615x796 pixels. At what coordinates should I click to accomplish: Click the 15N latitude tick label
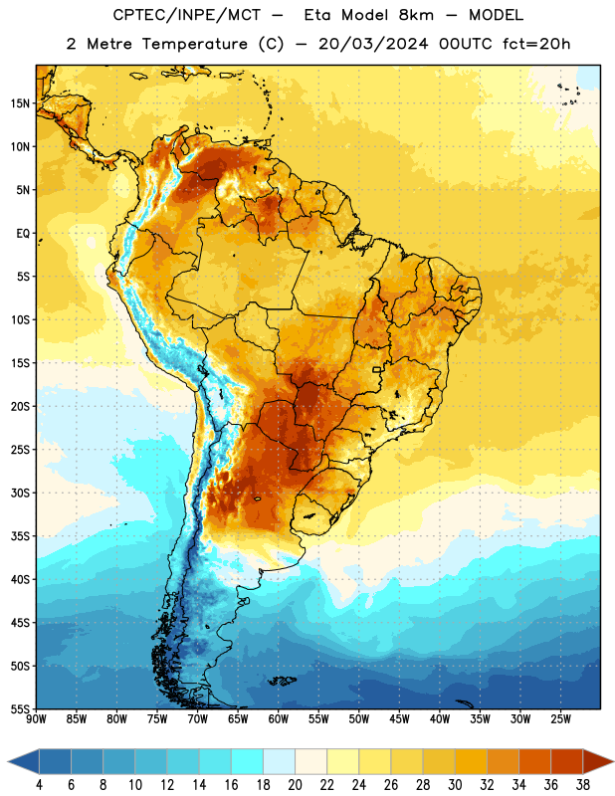coord(20,103)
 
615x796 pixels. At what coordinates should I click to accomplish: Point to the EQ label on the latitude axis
coord(23,234)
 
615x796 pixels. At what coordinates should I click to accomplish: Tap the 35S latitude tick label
coord(20,536)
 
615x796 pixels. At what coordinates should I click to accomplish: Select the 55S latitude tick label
coord(20,709)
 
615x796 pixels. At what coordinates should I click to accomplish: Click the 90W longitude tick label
coord(37,719)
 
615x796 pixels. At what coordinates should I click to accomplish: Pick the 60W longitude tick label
coord(279,719)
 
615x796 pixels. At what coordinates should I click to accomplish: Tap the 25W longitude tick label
coord(560,719)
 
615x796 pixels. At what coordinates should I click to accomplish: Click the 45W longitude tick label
coord(399,719)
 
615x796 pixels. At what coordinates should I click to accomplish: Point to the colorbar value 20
coord(295,785)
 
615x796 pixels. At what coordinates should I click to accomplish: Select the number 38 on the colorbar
coord(583,785)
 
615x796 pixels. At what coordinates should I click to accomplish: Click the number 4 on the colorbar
coord(39,785)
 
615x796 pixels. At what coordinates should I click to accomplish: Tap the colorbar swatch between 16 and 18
coord(247,761)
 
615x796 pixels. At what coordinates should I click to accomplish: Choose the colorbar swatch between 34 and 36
coord(534,761)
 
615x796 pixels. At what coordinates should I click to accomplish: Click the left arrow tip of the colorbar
coord(8,761)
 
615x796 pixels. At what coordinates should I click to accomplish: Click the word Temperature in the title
coord(194,44)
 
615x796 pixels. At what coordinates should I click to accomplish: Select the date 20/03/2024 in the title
coord(373,44)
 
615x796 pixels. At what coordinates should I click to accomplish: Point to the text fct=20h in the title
coord(536,44)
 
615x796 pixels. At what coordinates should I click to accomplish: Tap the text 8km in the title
coord(416,15)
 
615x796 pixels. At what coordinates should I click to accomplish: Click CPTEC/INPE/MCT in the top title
coord(187,15)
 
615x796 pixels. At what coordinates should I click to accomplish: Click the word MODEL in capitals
coord(496,15)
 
